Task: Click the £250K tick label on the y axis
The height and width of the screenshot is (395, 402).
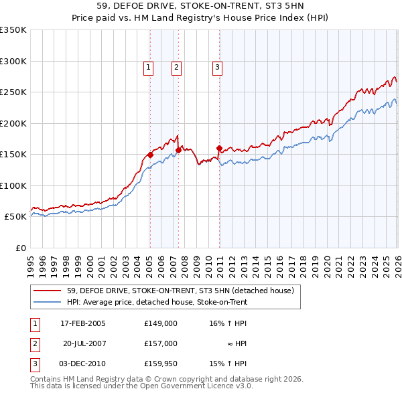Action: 13,92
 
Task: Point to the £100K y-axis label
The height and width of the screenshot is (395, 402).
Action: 13,185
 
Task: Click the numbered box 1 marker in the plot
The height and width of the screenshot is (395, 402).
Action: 147,67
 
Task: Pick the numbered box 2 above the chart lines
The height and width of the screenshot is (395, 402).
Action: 176,67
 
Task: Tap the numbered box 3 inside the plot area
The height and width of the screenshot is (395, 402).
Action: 218,67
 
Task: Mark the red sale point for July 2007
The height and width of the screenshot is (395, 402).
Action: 178,150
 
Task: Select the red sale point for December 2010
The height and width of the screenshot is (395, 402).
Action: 219,148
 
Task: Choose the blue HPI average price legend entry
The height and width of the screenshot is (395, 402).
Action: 157,302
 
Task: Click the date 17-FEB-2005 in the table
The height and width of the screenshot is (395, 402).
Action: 82,323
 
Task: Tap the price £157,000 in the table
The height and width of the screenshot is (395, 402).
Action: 161,343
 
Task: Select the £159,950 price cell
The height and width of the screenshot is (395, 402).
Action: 161,364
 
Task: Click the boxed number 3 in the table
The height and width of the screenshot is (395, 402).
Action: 34,364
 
